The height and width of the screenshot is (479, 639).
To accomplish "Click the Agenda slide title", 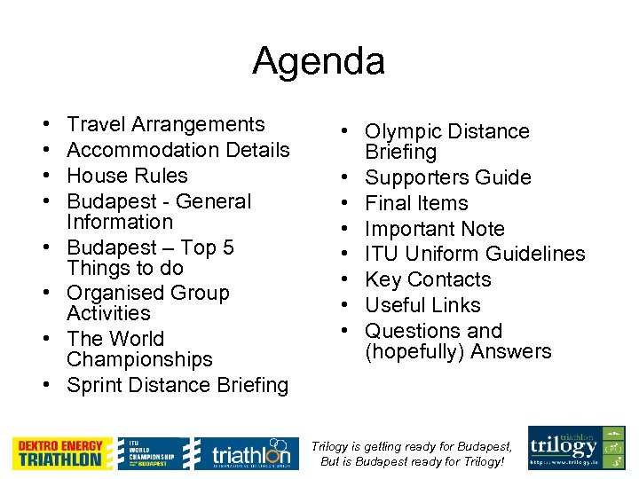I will pos(319,61).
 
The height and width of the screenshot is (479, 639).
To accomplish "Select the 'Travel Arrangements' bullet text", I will pos(166,124).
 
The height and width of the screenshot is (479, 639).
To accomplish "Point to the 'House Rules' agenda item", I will pos(127,176).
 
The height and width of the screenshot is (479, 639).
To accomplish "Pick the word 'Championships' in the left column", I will pos(139,359).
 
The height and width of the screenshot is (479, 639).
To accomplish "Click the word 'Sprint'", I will pos(95,385).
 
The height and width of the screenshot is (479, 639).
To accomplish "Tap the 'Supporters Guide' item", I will pos(448,177).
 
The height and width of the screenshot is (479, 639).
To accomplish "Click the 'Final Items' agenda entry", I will pos(416,203).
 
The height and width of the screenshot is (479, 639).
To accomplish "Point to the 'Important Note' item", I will pos(435,229).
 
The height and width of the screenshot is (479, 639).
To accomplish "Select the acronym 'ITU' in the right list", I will pos(382,254).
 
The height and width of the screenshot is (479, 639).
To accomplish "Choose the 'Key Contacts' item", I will pos(428,279).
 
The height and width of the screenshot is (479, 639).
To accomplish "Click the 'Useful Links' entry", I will pos(422,305).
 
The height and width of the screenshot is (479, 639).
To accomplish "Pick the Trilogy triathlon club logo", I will pos(576,448).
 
